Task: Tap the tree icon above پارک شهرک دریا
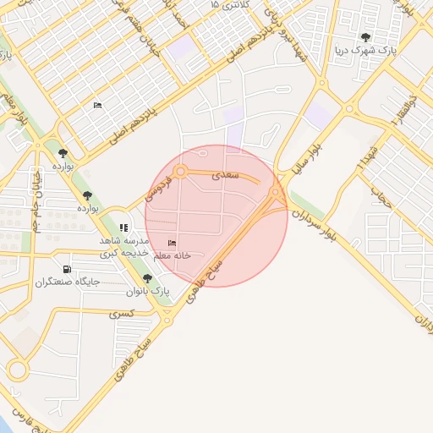[x=365, y=37]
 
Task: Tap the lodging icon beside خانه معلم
[x=172, y=244]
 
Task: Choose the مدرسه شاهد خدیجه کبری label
[x=124, y=246]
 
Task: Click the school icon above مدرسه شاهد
[x=123, y=227]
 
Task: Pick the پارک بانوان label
[x=148, y=291]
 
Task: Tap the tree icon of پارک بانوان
[x=148, y=278]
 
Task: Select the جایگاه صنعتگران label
[x=68, y=281]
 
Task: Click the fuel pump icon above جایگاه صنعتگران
[x=67, y=269]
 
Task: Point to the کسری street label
[x=121, y=313]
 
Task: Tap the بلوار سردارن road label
[x=325, y=222]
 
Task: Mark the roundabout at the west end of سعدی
[x=180, y=173]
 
